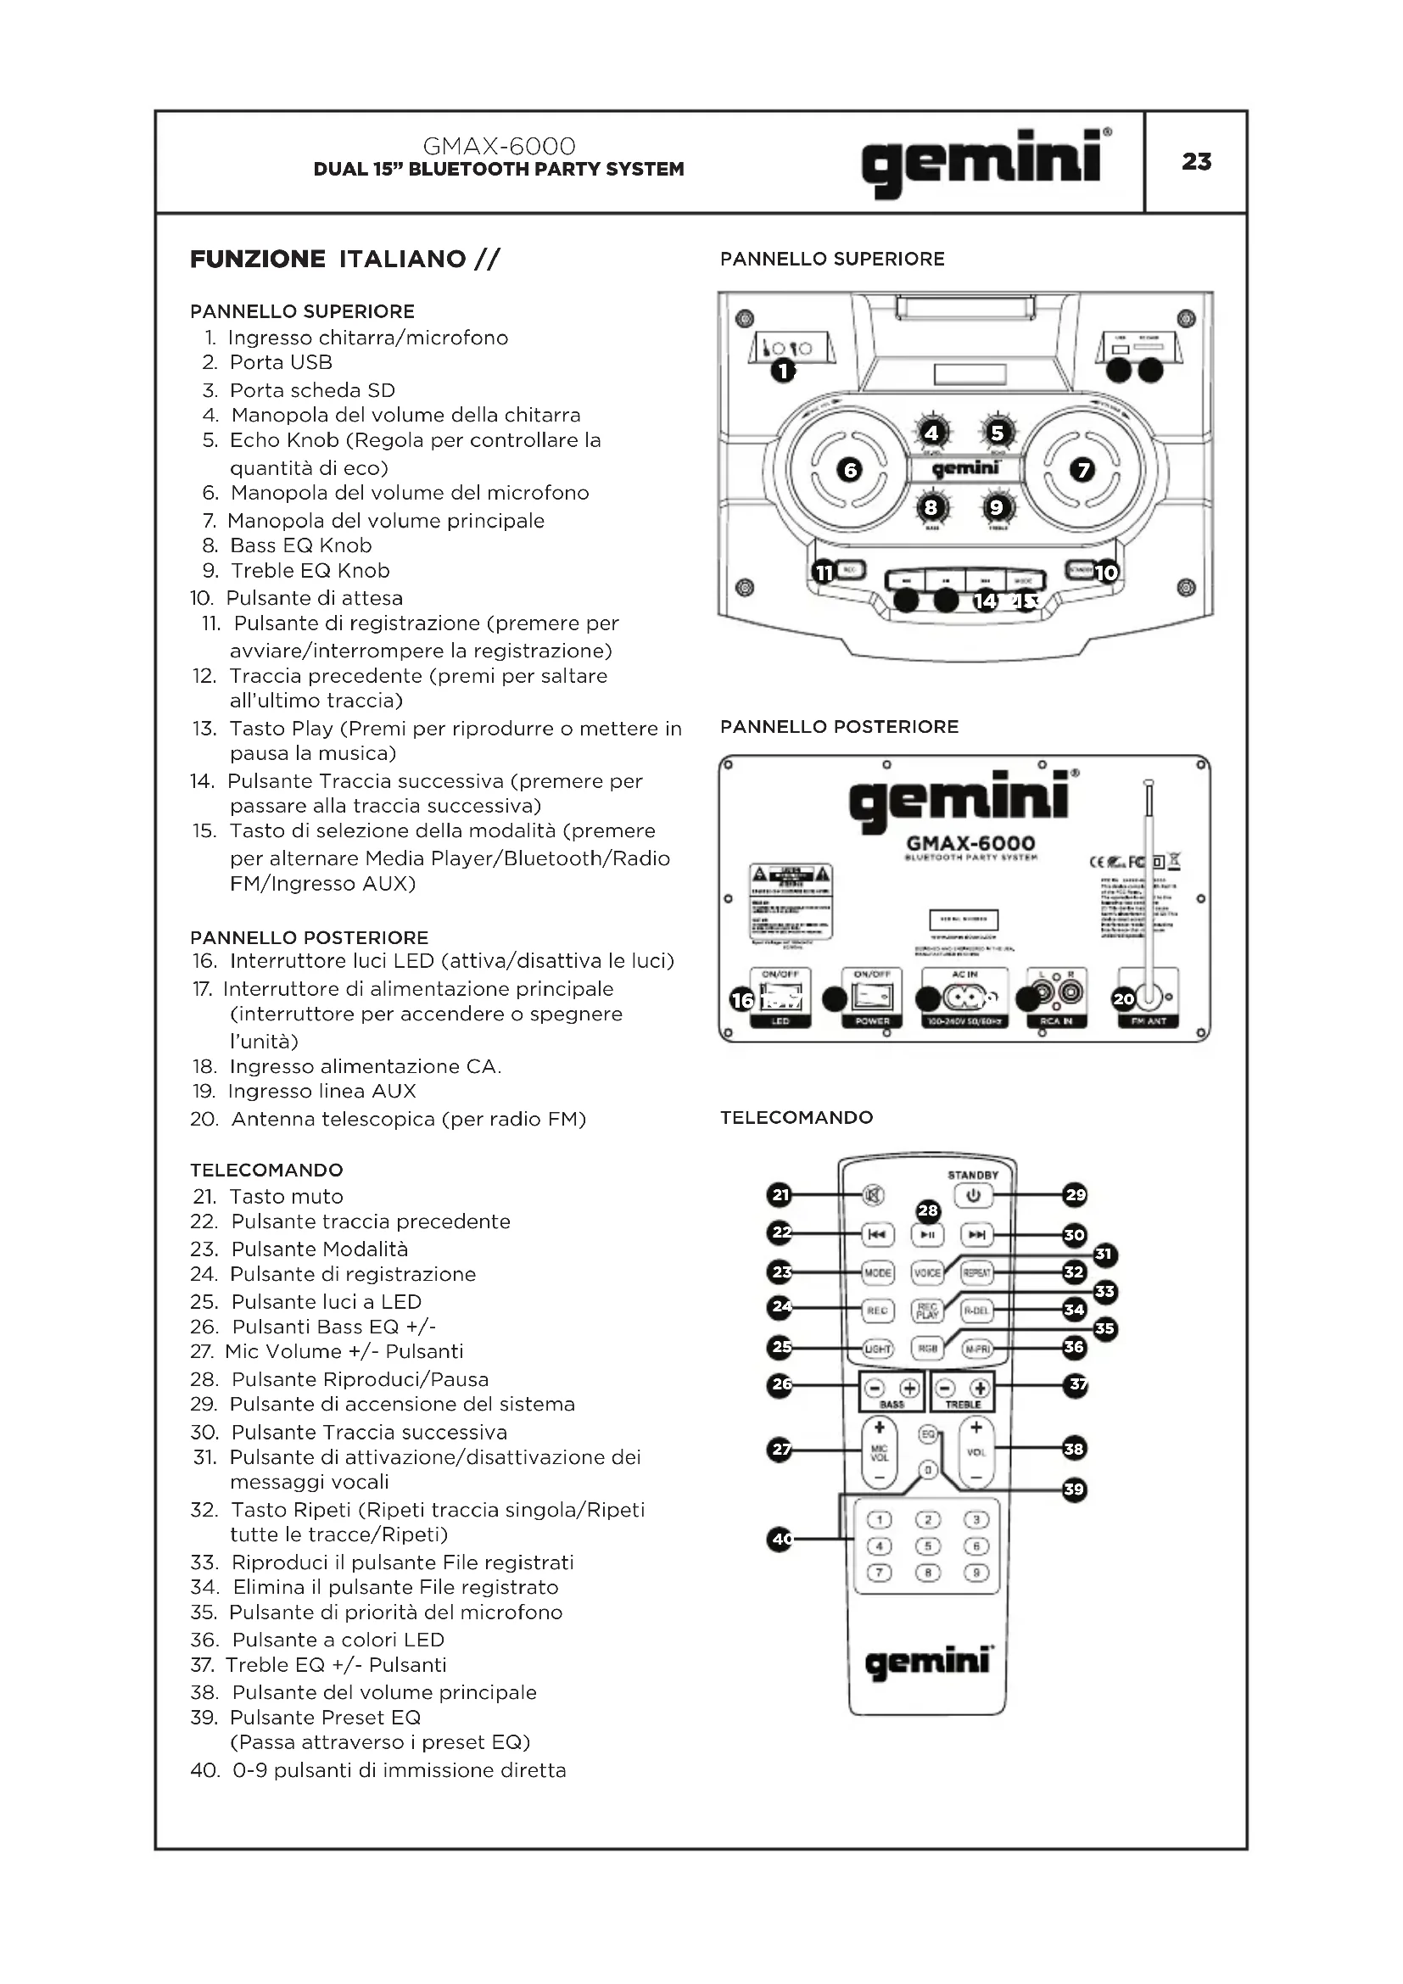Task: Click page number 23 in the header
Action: [1196, 162]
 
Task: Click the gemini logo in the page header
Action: [986, 163]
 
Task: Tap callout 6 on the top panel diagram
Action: [850, 470]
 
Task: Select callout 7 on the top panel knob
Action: [1082, 470]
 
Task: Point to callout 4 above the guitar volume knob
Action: [931, 432]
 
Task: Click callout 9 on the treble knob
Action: [996, 508]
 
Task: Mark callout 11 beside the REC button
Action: [824, 572]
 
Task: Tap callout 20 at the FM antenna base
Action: [1123, 1000]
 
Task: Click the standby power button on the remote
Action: [973, 1196]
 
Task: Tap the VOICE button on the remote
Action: [927, 1273]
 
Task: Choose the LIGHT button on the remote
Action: [878, 1349]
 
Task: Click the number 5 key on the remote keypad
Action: [927, 1546]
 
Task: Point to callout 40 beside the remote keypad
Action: [781, 1539]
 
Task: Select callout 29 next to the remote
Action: [1075, 1195]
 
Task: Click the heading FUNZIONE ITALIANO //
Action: [344, 260]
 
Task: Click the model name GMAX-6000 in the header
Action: [500, 146]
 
